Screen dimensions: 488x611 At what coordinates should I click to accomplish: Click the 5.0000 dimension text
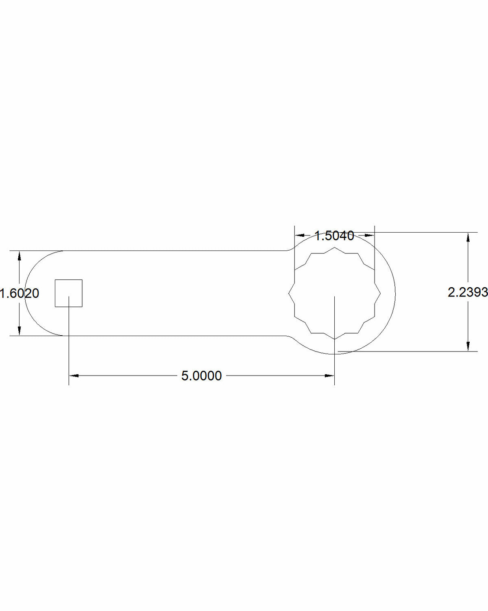(x=201, y=376)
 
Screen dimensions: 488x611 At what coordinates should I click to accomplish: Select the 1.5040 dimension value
(x=334, y=236)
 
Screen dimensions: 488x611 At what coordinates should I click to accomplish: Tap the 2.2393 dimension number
(x=468, y=292)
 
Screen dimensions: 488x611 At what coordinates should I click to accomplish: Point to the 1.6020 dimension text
(x=19, y=293)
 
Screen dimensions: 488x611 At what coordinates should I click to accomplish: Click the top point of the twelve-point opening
(x=335, y=247)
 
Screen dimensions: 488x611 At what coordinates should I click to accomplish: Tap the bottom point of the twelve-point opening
(x=335, y=339)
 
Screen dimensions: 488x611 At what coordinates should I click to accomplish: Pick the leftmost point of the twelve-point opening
(x=289, y=293)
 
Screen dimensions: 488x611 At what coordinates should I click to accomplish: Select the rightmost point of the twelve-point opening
(x=381, y=293)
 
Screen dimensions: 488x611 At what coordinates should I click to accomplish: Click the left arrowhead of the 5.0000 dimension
(x=74, y=376)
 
